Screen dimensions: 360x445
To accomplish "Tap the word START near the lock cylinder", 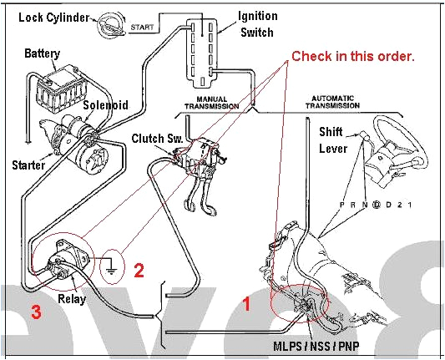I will click(141, 28).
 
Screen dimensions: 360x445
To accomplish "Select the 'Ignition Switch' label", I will click(258, 24).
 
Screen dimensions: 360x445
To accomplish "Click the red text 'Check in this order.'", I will click(352, 56).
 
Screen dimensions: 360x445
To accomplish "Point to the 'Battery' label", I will click(42, 53).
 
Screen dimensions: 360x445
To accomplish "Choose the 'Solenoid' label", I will click(105, 105).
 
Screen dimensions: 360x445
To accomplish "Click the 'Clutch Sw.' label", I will click(153, 137).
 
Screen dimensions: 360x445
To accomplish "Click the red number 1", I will click(246, 305).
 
